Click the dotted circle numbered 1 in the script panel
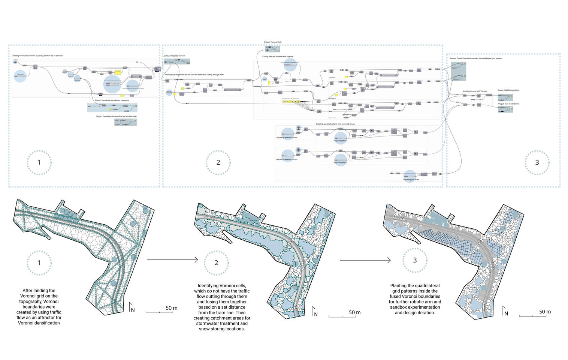(x=39, y=162)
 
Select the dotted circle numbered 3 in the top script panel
(x=537, y=162)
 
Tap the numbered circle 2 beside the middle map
(x=216, y=263)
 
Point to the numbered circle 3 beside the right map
(x=415, y=260)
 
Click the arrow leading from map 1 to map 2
(x=172, y=259)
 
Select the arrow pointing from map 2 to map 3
(x=365, y=260)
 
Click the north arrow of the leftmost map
(x=132, y=307)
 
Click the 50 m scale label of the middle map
(x=354, y=312)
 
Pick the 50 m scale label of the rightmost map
(x=545, y=312)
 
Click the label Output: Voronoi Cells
(x=272, y=42)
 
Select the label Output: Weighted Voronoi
(x=174, y=56)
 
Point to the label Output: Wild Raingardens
(x=508, y=90)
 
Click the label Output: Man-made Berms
(x=508, y=104)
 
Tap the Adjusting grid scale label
(x=411, y=180)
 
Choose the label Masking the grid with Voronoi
(x=475, y=91)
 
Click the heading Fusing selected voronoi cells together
(x=278, y=57)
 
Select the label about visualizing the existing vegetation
(x=112, y=100)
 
